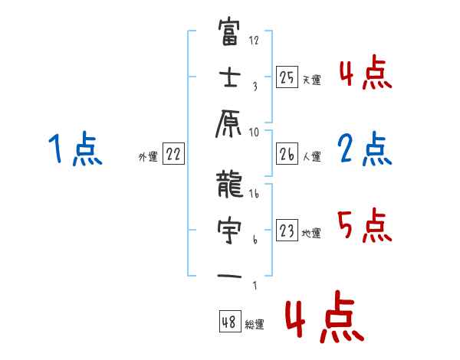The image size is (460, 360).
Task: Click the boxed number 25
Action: click(x=287, y=77)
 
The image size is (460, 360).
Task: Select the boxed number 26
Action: click(x=287, y=155)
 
